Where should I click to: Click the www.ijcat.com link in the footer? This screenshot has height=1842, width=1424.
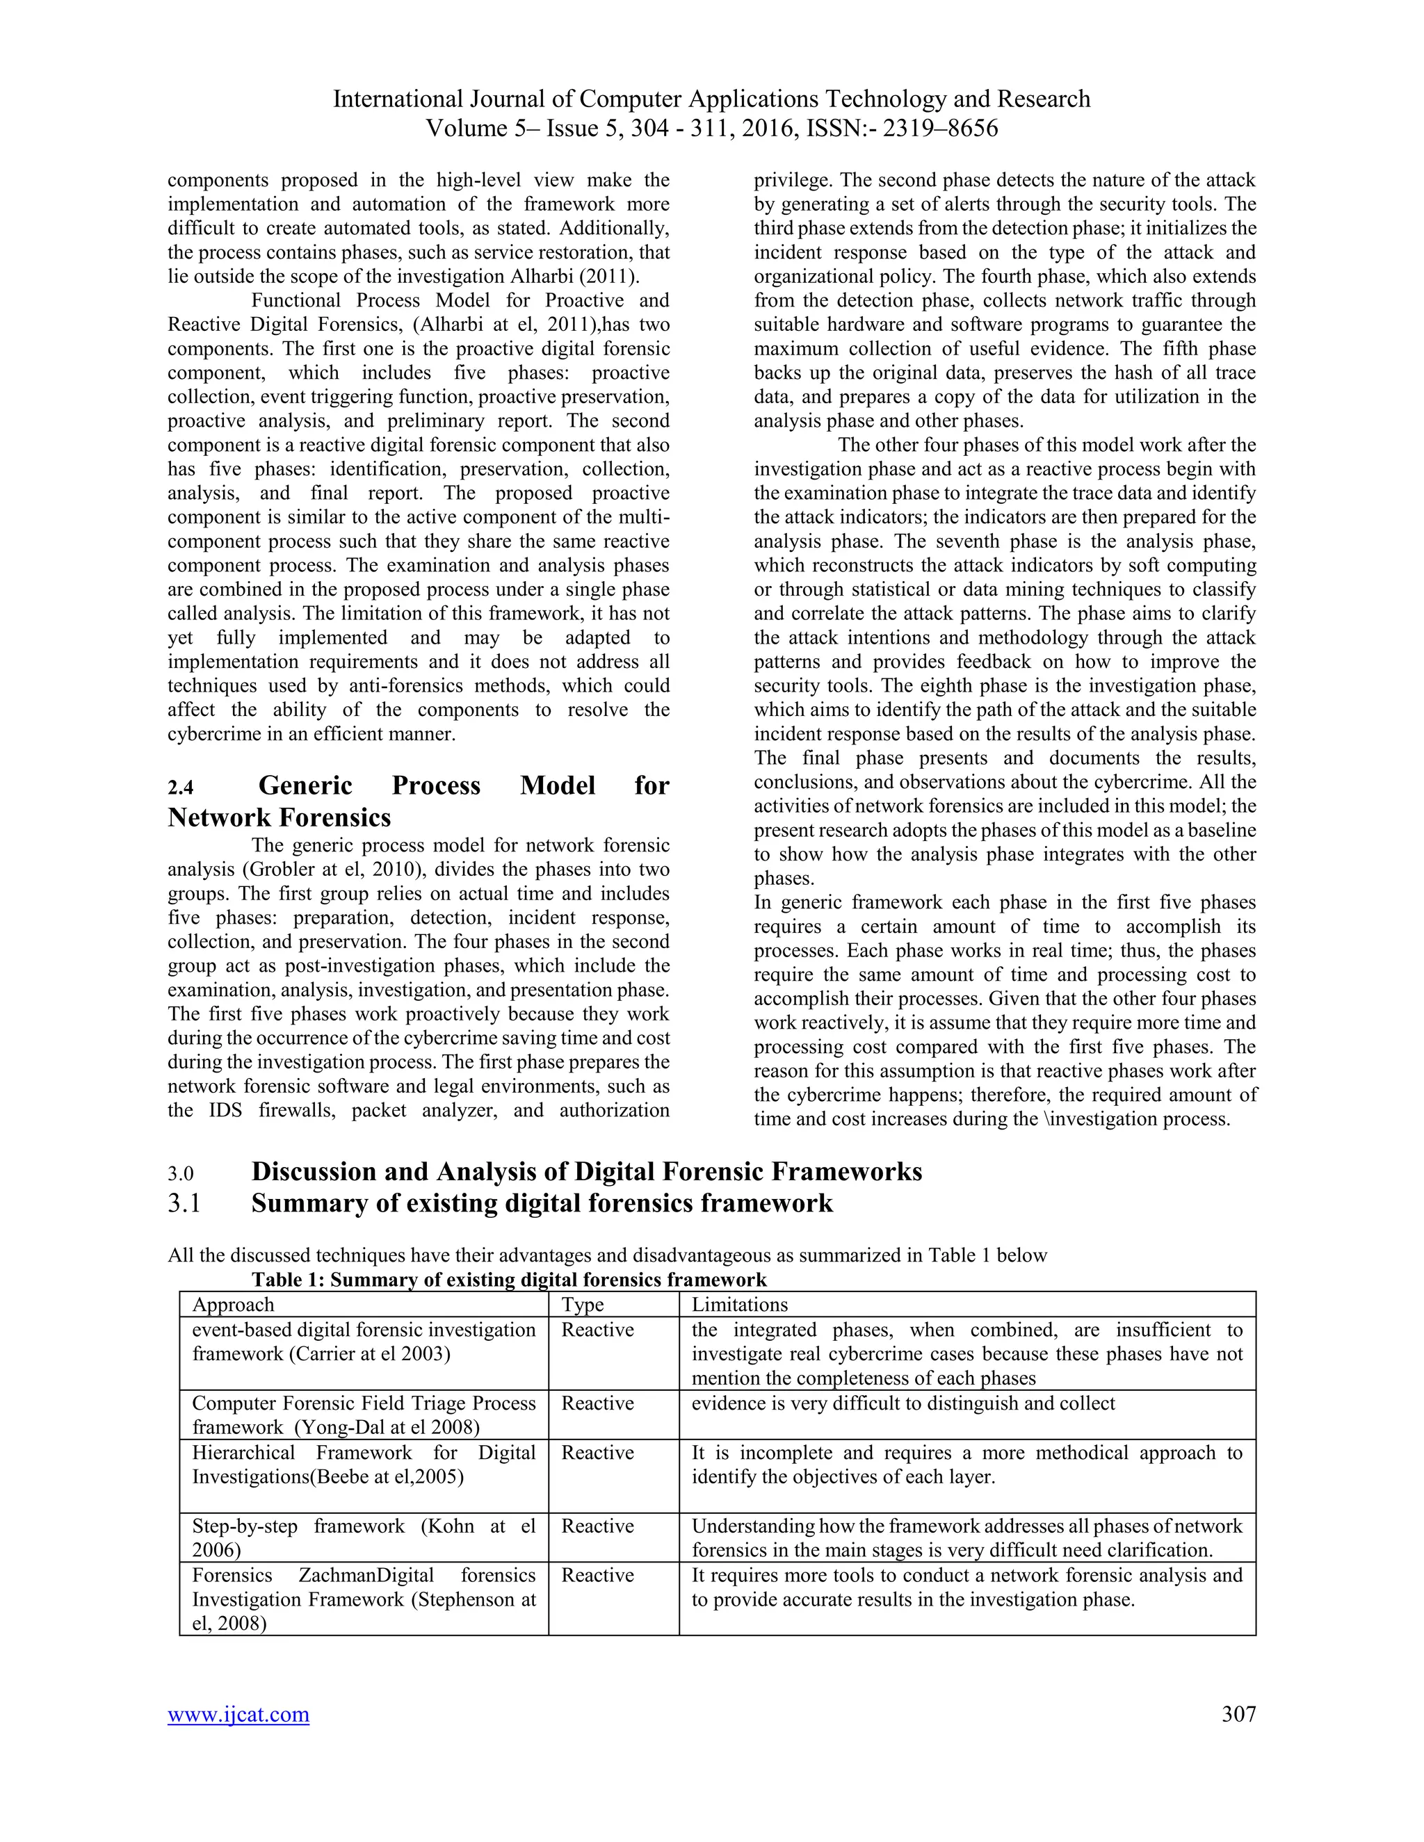coord(238,1715)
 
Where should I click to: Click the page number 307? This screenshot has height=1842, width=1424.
coord(1238,1714)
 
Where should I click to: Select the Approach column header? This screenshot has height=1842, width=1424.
coord(233,1305)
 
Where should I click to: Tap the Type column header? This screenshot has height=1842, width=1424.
coord(583,1305)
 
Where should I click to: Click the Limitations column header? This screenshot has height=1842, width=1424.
coord(739,1305)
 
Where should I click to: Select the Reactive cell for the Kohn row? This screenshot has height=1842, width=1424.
coord(597,1526)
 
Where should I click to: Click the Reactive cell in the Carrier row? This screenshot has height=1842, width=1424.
coord(597,1330)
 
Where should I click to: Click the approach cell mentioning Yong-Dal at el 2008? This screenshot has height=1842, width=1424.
coord(364,1415)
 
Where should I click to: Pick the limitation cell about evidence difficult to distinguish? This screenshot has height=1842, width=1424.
coord(903,1403)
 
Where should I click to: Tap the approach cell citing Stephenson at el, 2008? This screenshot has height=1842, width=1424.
coord(364,1599)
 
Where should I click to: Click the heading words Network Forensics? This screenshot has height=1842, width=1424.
coord(280,817)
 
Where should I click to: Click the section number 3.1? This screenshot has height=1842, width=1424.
coord(184,1203)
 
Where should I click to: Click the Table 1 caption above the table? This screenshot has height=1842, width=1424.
coord(509,1280)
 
